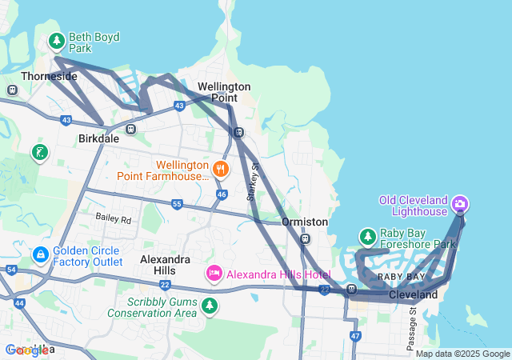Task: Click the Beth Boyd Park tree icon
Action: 56,39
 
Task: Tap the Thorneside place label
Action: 49,76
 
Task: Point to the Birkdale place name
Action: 98,138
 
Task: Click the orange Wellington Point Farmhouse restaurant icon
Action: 221,169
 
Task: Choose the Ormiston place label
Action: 305,222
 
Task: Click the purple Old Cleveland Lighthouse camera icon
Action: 460,204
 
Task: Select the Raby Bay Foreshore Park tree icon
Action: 367,237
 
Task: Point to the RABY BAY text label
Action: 401,276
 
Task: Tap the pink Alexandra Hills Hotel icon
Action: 214,274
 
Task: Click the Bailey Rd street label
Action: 112,218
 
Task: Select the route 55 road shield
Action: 177,205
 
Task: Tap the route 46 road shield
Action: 222,194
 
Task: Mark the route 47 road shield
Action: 355,336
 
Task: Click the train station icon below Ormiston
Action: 305,238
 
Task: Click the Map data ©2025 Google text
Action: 462,354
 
